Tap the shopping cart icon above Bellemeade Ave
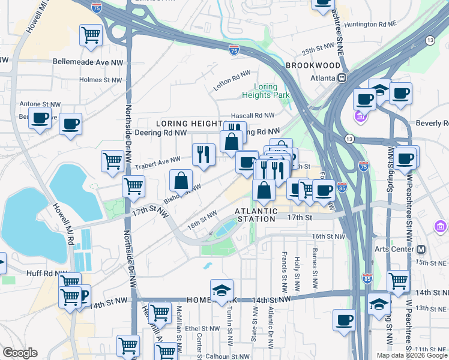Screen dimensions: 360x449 click(x=91, y=35)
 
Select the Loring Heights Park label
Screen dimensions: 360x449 click(x=265, y=91)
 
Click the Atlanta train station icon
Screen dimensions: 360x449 click(x=342, y=77)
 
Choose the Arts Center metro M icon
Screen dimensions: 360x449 click(x=420, y=249)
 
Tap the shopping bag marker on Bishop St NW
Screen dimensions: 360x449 click(x=181, y=179)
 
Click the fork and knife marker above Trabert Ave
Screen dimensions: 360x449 click(x=203, y=154)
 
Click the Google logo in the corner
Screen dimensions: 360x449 click(x=20, y=353)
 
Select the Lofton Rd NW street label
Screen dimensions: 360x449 click(x=232, y=81)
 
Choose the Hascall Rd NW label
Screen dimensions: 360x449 click(x=253, y=115)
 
